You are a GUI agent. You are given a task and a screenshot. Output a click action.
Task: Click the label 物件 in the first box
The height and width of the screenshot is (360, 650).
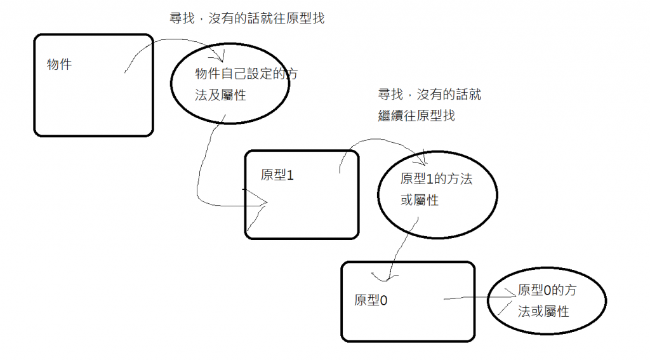point(59,64)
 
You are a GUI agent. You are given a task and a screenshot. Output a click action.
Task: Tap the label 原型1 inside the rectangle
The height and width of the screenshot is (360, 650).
point(277,175)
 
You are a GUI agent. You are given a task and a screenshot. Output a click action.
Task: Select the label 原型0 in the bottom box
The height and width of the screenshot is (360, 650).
point(371,300)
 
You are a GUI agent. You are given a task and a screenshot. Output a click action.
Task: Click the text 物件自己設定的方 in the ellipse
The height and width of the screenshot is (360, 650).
point(246,74)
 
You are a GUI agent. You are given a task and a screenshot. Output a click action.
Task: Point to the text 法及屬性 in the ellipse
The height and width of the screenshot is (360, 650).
point(220,95)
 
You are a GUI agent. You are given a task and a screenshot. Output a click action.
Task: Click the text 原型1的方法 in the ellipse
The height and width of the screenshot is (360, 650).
point(437,179)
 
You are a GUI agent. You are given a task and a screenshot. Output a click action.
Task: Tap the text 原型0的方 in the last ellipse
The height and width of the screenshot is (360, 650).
point(547,290)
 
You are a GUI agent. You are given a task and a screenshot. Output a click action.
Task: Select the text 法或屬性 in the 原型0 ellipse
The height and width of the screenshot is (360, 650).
point(543,312)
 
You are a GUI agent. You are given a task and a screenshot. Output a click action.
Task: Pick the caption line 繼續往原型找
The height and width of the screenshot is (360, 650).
point(416,116)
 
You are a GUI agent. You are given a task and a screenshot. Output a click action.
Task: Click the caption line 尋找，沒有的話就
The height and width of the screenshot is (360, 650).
point(430,95)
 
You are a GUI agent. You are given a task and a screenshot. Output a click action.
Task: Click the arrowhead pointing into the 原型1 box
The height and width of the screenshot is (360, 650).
point(263,203)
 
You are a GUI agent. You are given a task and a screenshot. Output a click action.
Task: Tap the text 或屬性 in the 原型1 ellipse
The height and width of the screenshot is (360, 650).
point(420,200)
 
